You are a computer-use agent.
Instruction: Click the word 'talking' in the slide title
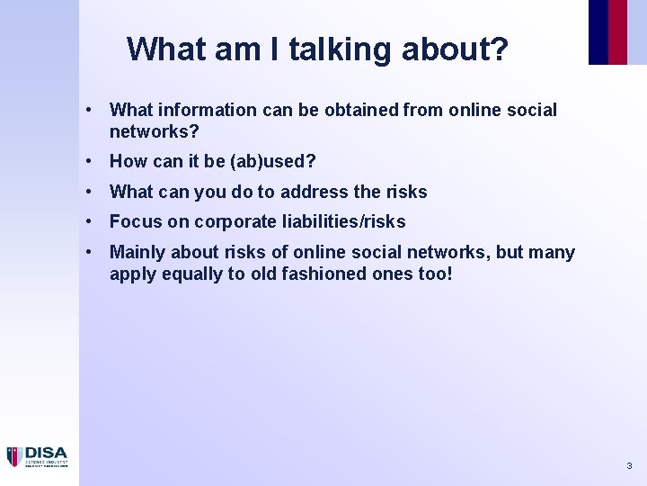point(322,49)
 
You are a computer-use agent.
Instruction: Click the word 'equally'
point(192,274)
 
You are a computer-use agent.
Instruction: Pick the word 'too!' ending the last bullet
point(432,274)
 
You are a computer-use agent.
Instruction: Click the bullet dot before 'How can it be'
point(91,162)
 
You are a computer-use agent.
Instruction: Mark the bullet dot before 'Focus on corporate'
point(91,221)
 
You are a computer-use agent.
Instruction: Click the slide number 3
point(629,466)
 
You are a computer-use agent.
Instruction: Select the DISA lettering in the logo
point(45,454)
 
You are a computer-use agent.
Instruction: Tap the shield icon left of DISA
point(14,457)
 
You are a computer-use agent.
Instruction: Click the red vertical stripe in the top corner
point(618,31)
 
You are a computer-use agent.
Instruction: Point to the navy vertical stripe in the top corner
point(598,31)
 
